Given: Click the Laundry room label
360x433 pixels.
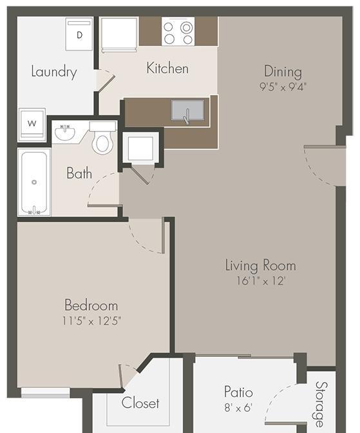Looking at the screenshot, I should point(54,71).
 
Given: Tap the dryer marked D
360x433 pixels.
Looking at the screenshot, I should point(80,34).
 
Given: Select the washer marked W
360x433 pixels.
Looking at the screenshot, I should point(32,123).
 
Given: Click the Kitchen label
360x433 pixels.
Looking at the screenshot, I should point(167,68).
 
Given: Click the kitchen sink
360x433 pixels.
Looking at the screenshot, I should point(187,111).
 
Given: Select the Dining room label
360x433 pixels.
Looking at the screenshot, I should point(283,72).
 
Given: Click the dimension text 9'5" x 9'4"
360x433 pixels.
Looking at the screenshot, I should point(283,86).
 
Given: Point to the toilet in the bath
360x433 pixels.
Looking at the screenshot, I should point(102,138).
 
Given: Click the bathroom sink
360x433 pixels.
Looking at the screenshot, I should point(64,133).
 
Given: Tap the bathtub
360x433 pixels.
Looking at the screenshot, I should point(34,182).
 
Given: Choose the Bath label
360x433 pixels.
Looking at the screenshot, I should point(79,173).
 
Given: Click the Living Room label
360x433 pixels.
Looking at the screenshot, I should point(260,265).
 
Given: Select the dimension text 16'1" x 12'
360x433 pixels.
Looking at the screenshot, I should point(260,280).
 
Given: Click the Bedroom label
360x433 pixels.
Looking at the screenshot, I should point(91,305).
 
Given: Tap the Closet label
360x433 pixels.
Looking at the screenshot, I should point(141,403).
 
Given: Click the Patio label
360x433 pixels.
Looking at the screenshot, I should point(238,392).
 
